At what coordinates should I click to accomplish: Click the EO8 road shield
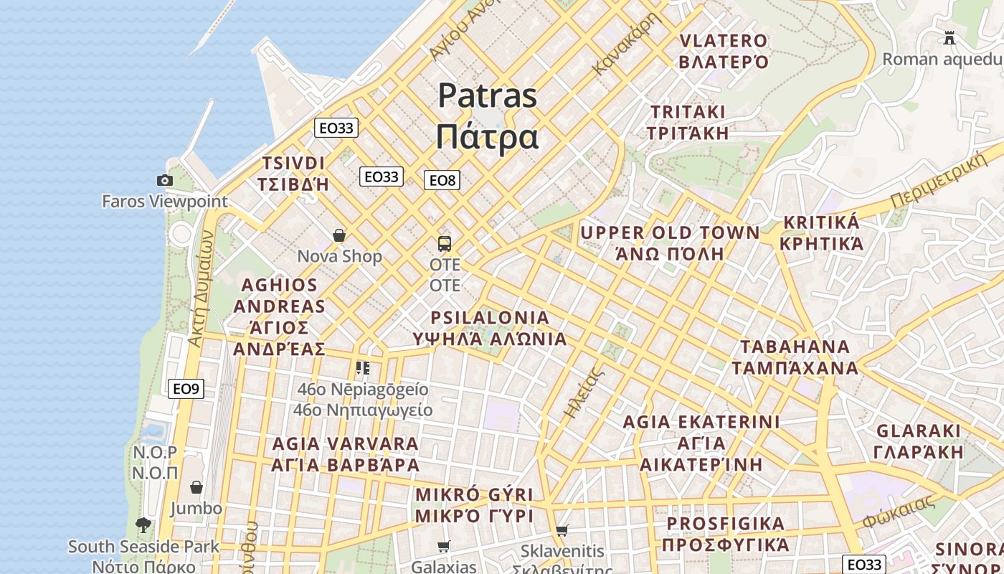442,180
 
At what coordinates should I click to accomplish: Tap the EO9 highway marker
186,389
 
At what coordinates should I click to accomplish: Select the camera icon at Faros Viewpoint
165,180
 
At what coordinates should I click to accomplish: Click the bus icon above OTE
445,243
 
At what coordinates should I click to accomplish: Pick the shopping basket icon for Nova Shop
339,235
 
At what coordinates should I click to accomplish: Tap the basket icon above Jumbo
196,488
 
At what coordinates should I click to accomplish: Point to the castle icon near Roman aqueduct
949,37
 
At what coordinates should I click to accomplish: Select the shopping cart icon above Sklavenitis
562,531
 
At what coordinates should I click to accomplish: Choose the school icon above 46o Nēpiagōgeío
363,368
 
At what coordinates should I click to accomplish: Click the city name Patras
488,95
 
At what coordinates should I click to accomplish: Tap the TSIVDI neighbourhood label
293,163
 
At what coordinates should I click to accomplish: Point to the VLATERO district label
723,41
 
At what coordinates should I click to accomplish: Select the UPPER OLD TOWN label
670,233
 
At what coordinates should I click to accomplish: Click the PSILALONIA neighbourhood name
490,318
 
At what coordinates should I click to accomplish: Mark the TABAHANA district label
795,347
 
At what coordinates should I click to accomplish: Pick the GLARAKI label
919,431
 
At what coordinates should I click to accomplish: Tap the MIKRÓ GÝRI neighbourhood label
475,495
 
